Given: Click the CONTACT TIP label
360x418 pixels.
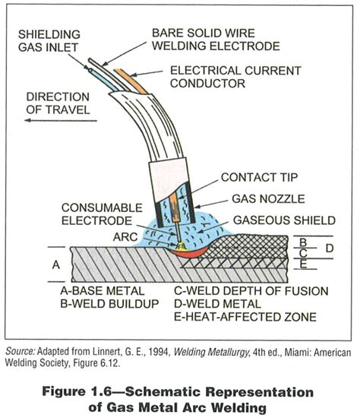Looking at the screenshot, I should [258, 178].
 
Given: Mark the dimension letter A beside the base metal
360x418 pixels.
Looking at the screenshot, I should [55, 265].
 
